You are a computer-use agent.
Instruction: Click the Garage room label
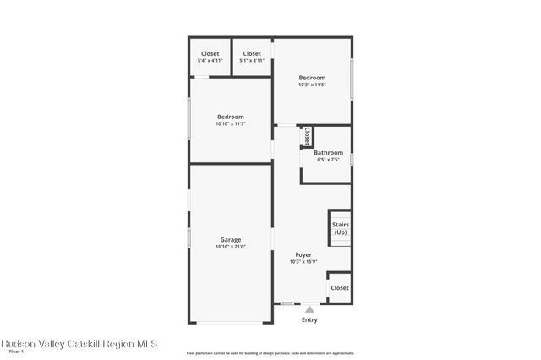[230, 239]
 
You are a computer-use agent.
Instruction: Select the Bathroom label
[328, 152]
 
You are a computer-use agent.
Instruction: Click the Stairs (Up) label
[341, 228]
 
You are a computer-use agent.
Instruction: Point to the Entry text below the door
[309, 319]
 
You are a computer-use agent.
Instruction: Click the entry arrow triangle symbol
[309, 309]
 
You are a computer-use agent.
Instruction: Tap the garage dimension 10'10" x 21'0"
[230, 247]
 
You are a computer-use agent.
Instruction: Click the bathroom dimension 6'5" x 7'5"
[328, 160]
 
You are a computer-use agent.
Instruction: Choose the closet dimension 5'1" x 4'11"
[252, 61]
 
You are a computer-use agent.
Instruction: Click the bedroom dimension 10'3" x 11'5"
[312, 85]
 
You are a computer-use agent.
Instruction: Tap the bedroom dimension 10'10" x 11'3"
[230, 124]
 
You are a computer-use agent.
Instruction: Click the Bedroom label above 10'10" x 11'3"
[230, 117]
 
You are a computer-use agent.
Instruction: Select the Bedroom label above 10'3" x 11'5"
[312, 77]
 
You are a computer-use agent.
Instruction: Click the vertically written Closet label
[307, 136]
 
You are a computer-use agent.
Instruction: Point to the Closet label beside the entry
[340, 288]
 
